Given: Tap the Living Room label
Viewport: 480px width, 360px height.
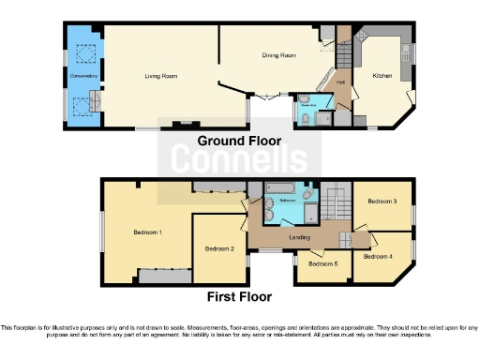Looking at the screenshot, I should (x=161, y=75).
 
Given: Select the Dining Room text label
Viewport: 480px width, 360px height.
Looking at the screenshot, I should (x=278, y=55).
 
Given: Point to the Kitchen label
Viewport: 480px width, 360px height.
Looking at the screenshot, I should (x=382, y=75).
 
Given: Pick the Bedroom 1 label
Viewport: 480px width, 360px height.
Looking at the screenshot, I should (x=147, y=232).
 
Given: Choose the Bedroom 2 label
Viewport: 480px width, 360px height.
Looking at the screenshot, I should (x=218, y=248).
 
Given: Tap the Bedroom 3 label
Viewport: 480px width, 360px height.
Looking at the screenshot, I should (x=382, y=202).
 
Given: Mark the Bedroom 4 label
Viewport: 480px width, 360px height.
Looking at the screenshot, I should (x=378, y=255).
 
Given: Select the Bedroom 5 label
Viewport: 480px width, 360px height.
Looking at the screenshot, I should (x=322, y=264).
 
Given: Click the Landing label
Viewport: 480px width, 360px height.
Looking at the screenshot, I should (x=300, y=237).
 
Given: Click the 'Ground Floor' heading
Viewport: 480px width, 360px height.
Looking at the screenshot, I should (x=239, y=141).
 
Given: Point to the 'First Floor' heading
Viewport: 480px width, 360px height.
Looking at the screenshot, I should (x=240, y=296).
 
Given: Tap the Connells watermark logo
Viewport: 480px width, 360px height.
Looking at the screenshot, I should (x=238, y=161).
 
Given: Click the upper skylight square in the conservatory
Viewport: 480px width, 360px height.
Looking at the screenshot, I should (x=82, y=53).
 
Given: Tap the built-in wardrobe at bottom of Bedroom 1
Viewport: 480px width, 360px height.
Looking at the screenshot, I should (x=165, y=277).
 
